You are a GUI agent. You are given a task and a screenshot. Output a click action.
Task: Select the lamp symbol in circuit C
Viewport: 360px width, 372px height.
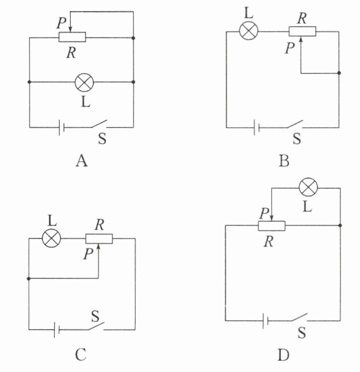click(x=51, y=239)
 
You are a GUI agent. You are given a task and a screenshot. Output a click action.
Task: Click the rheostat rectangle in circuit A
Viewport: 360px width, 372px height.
click(x=72, y=37)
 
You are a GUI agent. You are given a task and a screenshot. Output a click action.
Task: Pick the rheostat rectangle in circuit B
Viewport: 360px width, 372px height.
click(x=302, y=31)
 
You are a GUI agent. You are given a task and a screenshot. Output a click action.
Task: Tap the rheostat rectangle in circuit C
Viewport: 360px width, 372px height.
click(x=99, y=239)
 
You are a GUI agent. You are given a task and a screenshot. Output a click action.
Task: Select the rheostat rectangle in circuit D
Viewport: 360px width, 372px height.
click(x=271, y=226)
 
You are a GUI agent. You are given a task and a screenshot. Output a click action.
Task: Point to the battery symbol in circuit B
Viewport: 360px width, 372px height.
click(x=256, y=128)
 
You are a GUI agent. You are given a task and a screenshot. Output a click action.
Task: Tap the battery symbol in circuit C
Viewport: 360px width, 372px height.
click(x=57, y=330)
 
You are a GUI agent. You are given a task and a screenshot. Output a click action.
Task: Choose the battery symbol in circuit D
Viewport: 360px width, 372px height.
click(x=265, y=321)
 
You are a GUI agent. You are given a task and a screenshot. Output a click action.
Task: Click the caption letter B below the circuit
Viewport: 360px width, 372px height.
click(x=285, y=161)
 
